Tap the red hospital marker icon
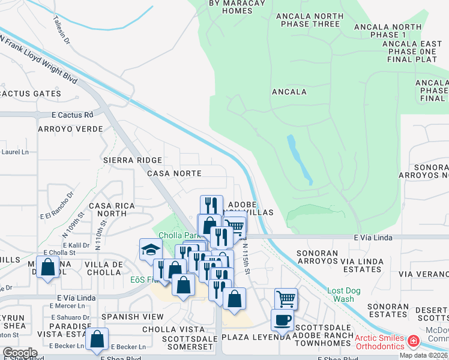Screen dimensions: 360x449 [414, 342]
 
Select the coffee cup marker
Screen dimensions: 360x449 [282, 320]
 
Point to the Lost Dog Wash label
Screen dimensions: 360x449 [345, 294]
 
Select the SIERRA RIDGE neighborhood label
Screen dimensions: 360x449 [133, 160]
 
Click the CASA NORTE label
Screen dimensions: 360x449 [173, 173]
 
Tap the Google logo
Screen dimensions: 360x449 [20, 352]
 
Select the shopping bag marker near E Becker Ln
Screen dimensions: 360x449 [97, 338]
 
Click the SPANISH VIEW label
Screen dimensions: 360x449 [133, 316]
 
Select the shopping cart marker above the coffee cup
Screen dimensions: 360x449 [286, 298]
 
